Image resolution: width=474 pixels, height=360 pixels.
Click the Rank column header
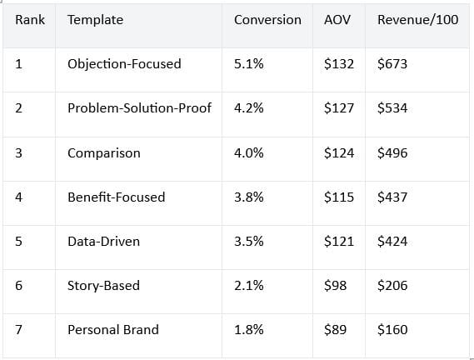pos(30,20)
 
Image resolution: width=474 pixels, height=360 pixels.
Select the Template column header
pos(95,20)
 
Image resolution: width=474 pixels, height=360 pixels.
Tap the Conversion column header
pos(267,20)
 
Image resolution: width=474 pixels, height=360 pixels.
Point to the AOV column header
pos(337,20)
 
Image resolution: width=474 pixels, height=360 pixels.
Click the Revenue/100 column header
pos(418,20)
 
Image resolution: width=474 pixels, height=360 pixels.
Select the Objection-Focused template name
pos(124,64)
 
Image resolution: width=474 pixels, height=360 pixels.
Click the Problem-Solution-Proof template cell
pos(139,108)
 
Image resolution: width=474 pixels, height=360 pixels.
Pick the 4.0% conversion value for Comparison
pos(249,152)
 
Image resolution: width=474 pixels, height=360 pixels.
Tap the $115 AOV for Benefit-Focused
pos(339,197)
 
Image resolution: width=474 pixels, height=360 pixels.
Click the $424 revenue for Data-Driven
pos(392,242)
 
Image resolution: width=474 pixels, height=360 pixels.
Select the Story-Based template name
pos(103,286)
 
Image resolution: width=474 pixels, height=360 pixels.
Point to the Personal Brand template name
pos(113,330)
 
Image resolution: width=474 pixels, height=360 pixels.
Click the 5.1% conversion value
pos(249,64)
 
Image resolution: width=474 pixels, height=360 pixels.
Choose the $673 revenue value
pos(392,64)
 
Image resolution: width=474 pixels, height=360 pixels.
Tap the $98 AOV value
pos(335,286)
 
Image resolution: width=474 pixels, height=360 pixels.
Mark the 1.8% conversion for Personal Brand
pos(249,330)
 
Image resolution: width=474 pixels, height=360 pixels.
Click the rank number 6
pos(18,286)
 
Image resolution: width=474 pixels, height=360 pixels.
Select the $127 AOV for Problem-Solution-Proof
pos(339,108)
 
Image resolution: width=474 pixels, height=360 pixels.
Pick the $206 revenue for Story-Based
pos(392,286)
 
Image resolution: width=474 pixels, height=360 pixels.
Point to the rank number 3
pos(18,152)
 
